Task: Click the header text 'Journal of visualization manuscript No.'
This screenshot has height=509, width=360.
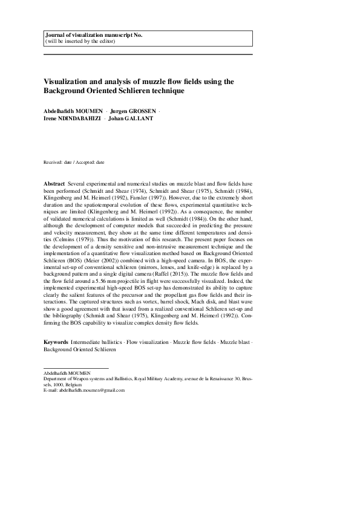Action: click(x=93, y=36)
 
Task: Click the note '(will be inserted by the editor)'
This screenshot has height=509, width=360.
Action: click(x=80, y=42)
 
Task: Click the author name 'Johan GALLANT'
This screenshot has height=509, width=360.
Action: click(x=131, y=118)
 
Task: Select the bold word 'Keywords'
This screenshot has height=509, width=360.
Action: click(x=56, y=343)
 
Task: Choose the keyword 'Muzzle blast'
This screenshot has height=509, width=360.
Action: click(x=235, y=343)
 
